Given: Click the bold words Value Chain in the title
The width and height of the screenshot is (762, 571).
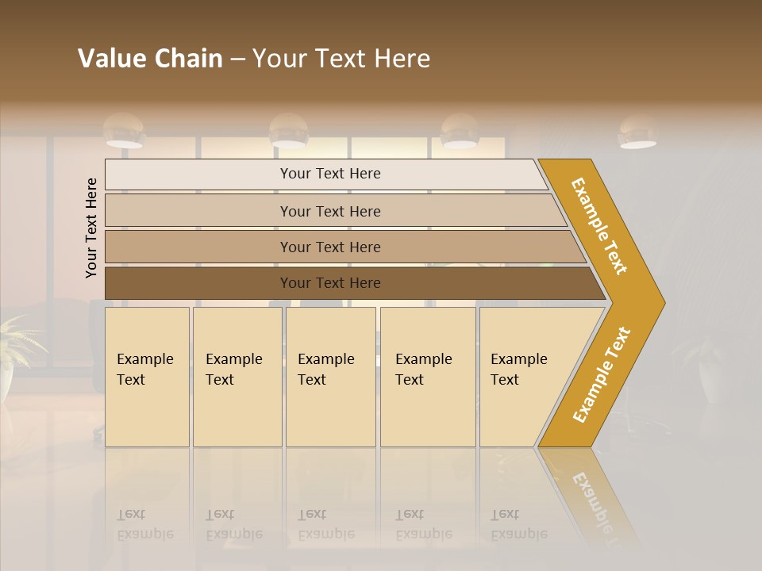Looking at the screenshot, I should [x=150, y=59].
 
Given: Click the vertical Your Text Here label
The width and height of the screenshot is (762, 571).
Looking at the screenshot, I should [x=91, y=228].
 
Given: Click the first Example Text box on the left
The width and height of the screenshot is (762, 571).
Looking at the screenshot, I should [x=147, y=377].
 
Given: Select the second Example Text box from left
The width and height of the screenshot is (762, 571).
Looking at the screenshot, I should [x=237, y=377].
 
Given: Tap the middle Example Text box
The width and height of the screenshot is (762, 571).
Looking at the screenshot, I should [x=330, y=377].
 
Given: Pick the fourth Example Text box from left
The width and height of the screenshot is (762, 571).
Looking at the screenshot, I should [x=428, y=377].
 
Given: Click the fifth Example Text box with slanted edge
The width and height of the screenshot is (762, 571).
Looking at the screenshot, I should [x=524, y=377].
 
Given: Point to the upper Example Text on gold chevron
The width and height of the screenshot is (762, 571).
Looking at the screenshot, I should [x=599, y=226].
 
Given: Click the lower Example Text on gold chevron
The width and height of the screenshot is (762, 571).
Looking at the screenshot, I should [x=602, y=374].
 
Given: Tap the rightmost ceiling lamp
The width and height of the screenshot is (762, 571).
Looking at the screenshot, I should [x=637, y=132].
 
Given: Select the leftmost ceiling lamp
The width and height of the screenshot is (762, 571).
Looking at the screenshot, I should [x=124, y=131].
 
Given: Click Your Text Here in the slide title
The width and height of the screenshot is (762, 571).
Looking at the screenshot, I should [x=341, y=59].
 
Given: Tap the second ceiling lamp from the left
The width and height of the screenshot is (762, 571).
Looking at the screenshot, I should [x=288, y=132].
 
